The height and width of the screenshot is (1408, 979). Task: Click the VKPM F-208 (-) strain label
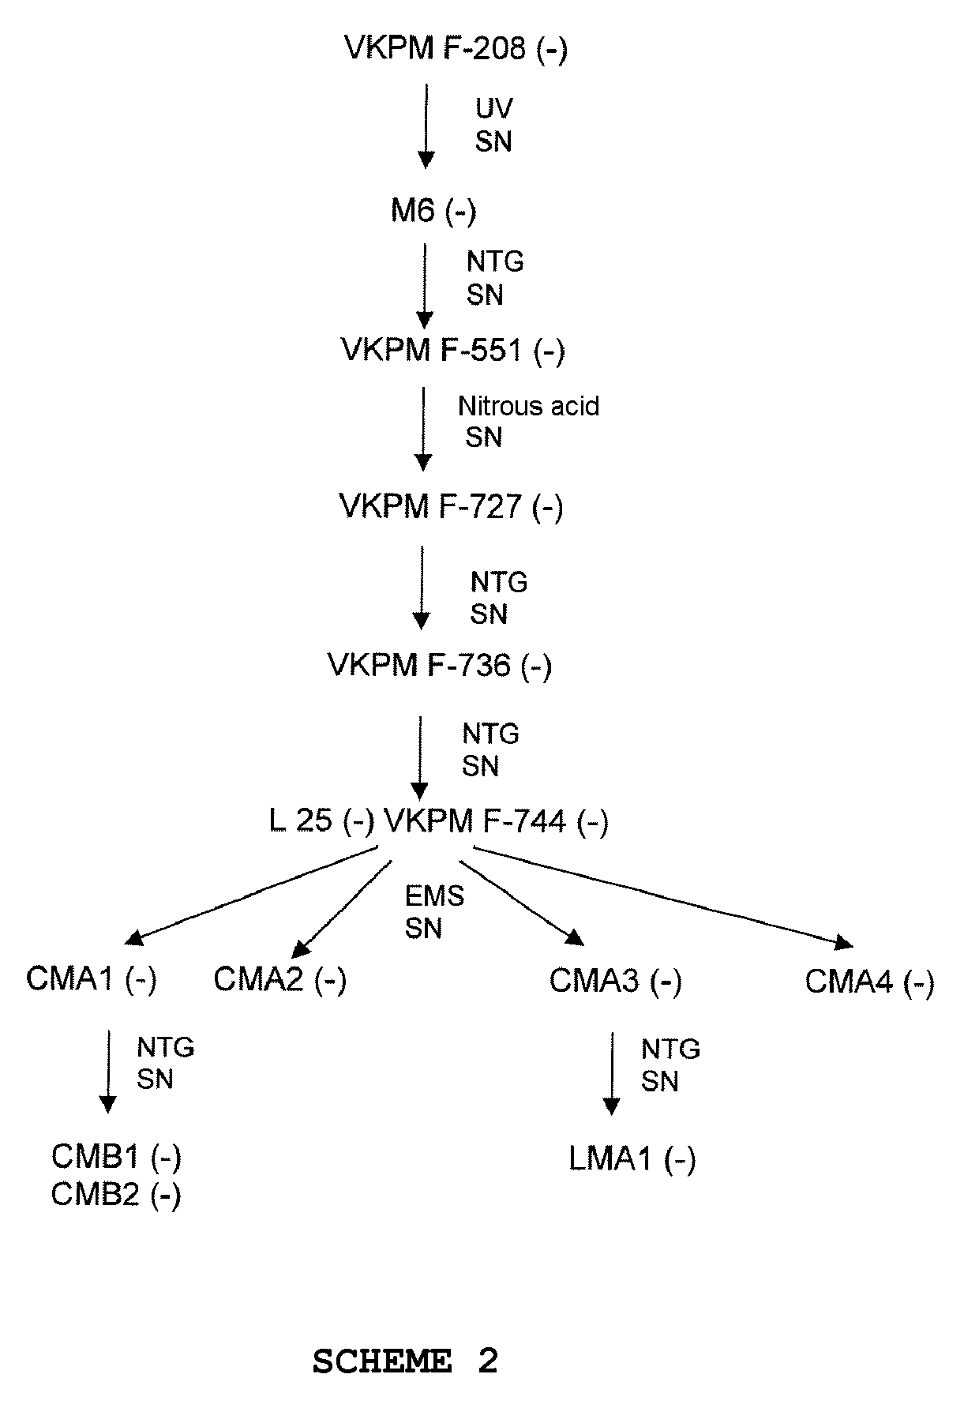point(456,49)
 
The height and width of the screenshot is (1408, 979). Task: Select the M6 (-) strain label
point(433,212)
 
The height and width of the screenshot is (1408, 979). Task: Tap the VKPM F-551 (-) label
point(452,350)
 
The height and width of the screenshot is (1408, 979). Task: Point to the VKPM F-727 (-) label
point(451,506)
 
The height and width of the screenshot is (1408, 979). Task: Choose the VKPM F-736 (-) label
point(440,666)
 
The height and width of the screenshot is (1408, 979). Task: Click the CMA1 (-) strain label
point(92,980)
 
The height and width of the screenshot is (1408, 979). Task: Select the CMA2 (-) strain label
point(279,980)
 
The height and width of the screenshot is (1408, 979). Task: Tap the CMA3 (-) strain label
point(615,982)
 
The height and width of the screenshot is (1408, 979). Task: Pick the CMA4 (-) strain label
point(869,982)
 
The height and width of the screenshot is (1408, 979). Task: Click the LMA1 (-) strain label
point(632,1159)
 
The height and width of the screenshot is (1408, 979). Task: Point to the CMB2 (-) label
point(116,1195)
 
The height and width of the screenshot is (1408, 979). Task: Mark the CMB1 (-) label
point(116,1157)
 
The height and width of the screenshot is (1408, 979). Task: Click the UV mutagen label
point(494,108)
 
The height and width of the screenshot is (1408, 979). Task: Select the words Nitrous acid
point(528,407)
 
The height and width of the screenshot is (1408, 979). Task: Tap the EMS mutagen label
point(434,896)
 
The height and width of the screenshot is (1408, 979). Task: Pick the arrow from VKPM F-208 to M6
point(426,126)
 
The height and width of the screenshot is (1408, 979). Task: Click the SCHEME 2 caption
point(405,1361)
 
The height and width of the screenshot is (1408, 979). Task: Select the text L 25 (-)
point(321,822)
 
